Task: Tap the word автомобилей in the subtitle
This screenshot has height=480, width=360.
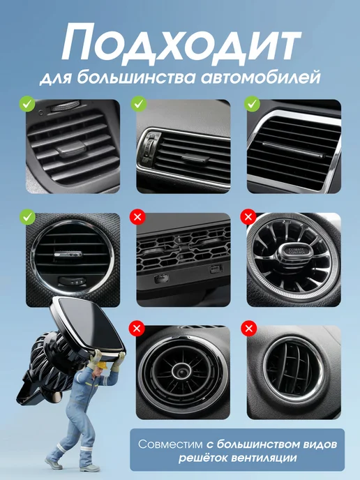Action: coord(260,77)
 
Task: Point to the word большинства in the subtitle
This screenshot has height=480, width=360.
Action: coord(135,77)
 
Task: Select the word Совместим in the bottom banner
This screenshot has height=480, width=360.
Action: coord(170,444)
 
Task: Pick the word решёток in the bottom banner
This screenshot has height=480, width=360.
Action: coord(203,458)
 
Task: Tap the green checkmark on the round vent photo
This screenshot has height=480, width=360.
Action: coord(27,217)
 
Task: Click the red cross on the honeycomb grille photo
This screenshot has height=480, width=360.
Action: coord(137,217)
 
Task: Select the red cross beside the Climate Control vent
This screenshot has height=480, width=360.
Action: coord(248,217)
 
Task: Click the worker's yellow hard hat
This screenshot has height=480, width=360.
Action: coord(102,365)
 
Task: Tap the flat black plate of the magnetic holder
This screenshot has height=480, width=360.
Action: coord(89,325)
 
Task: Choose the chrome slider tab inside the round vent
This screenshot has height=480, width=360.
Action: coord(68,254)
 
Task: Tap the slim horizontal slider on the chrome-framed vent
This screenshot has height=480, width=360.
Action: coord(293,150)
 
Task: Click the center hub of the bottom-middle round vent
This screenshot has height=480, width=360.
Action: coord(181,371)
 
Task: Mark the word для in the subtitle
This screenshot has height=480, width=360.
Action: coord(56,78)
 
